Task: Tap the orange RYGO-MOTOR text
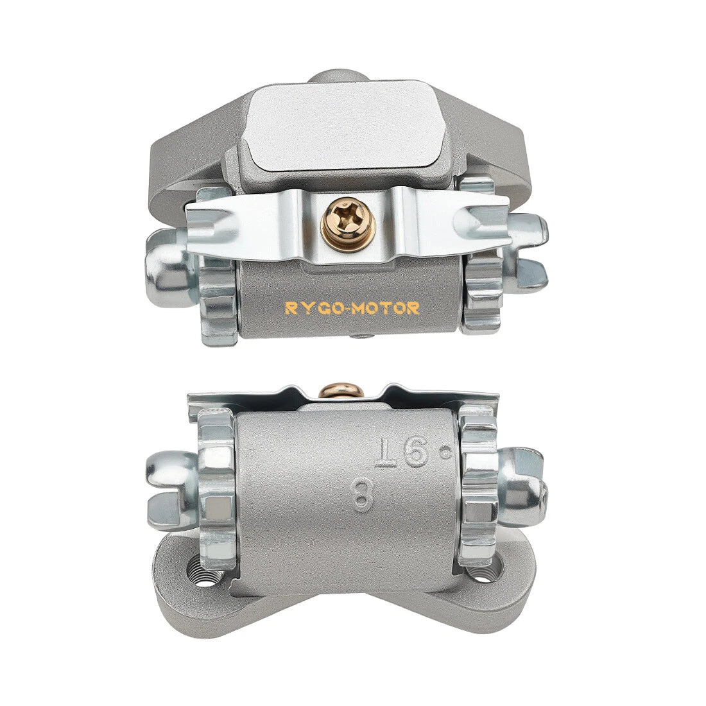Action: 352,309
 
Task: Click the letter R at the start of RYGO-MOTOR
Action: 290,309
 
